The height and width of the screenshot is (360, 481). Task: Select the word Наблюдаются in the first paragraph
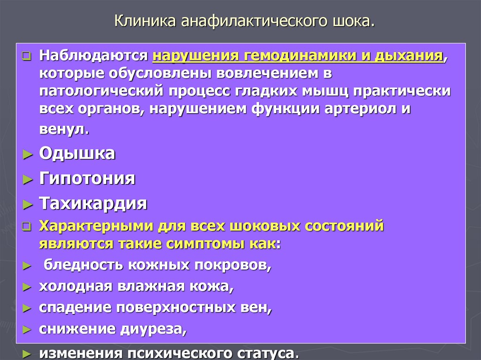[x=93, y=56]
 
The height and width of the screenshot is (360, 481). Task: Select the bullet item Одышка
[x=77, y=153]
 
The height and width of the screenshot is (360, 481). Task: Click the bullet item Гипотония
[x=87, y=179]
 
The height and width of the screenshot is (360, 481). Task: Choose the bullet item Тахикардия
[x=93, y=204]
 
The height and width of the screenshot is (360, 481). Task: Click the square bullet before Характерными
[x=27, y=227]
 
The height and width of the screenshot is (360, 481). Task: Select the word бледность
[x=77, y=265]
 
